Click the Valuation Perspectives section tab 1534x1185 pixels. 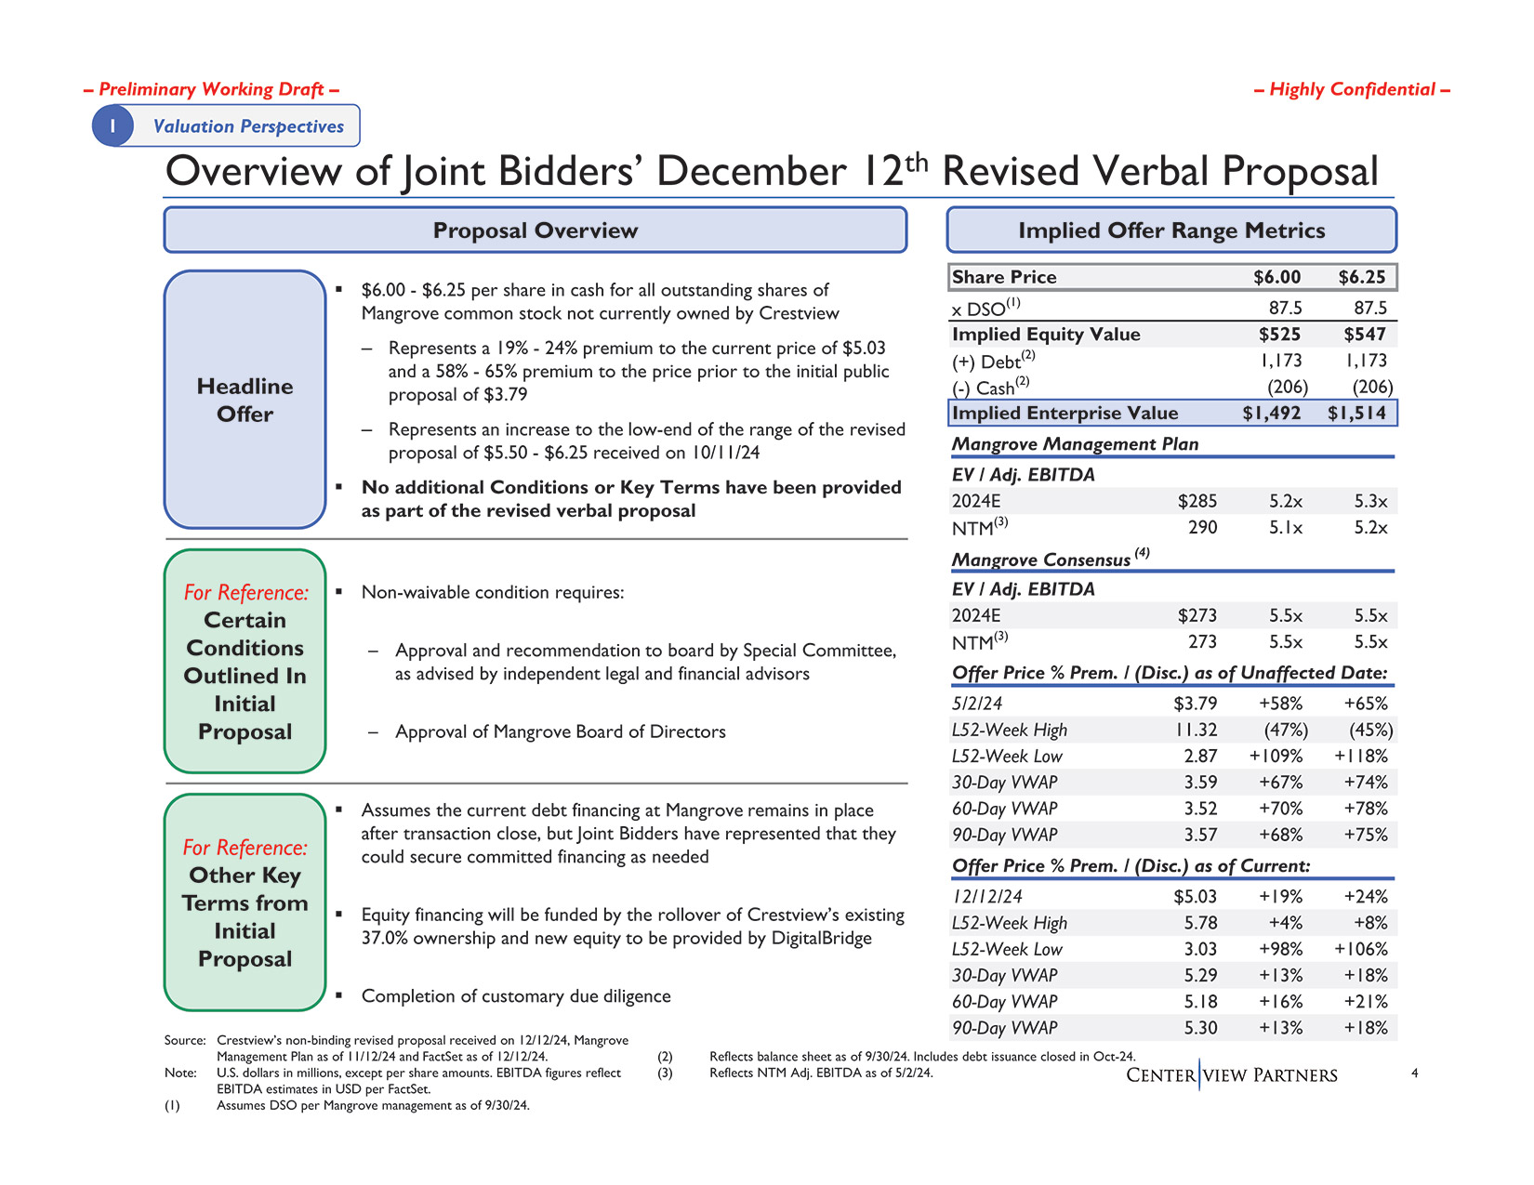tap(247, 126)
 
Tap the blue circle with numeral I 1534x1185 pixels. tap(112, 126)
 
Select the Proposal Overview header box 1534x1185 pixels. tap(535, 230)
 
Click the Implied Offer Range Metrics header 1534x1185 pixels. tap(1171, 230)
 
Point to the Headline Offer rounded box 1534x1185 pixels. tap(245, 400)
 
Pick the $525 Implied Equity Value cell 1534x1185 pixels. tap(1279, 335)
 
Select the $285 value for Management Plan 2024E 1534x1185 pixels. tap(1197, 502)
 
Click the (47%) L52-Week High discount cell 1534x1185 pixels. tap(1283, 731)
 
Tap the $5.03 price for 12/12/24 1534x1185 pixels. tap(1195, 897)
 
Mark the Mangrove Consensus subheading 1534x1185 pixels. tap(1041, 560)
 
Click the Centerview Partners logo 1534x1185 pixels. tap(1231, 1075)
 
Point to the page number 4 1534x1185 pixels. tap(1414, 1073)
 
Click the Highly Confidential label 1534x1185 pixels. tap(1352, 89)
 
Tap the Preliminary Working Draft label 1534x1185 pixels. tap(211, 89)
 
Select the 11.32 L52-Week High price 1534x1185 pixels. tap(1195, 731)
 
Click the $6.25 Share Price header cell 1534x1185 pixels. tap(1361, 277)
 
